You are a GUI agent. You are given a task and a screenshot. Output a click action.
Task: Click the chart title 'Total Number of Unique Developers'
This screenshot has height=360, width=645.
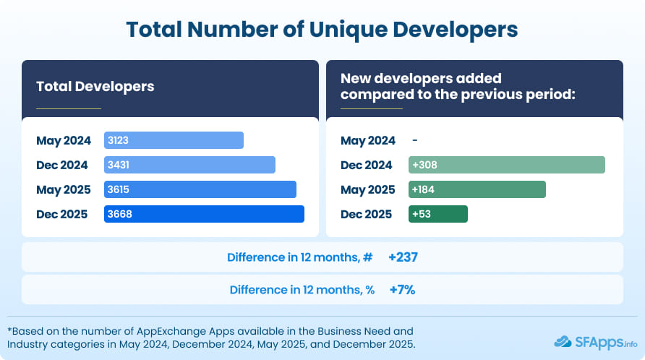point(322,29)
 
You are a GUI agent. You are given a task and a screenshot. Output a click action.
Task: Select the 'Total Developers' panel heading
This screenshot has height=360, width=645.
point(95,86)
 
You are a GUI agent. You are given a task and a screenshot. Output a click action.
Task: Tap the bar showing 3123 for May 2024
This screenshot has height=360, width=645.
point(174,140)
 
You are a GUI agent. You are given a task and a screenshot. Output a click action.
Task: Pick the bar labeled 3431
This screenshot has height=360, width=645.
point(189,165)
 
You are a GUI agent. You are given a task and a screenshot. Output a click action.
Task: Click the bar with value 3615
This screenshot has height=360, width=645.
point(200,189)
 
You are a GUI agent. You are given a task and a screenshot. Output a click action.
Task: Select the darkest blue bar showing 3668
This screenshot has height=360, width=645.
point(204,214)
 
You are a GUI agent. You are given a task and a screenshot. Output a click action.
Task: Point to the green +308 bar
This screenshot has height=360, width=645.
point(506,165)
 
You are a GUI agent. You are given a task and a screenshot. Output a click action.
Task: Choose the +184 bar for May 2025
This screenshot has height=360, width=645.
point(477,189)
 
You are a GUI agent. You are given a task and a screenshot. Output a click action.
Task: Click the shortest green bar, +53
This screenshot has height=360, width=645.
point(438,214)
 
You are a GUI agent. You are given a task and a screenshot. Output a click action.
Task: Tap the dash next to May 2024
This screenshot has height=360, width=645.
point(414,140)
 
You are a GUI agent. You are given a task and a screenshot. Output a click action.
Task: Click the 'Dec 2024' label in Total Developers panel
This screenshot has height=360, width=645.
point(62,165)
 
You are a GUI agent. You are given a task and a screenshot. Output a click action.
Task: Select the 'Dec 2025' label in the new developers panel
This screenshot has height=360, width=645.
point(366,214)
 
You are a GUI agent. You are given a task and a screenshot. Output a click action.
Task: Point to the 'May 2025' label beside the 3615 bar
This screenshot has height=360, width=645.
point(63,189)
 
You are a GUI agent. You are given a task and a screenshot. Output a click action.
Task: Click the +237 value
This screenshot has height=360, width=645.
point(403,257)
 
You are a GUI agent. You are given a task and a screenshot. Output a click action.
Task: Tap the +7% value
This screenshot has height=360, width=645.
point(401,290)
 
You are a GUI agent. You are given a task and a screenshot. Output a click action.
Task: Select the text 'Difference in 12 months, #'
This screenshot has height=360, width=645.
point(300,257)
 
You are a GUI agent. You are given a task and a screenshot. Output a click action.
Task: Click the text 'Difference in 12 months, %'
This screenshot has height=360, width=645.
point(302,290)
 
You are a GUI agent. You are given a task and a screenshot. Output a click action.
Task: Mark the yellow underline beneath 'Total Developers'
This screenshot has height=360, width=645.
point(69,108)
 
